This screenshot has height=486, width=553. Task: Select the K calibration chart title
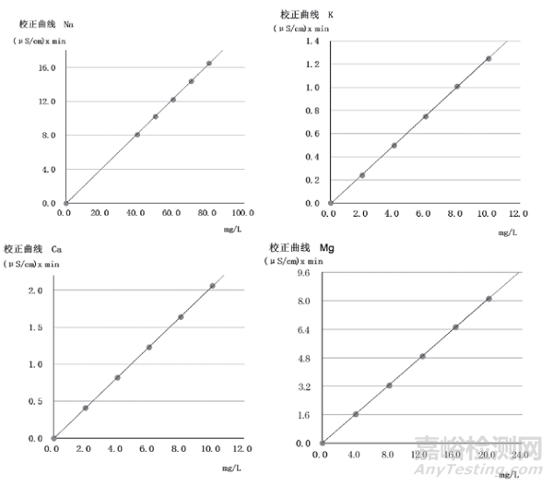(307, 14)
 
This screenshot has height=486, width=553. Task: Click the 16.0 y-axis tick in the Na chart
(46, 67)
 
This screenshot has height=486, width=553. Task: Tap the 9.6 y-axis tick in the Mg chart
(301, 274)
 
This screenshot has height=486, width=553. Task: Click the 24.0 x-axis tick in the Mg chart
(518, 455)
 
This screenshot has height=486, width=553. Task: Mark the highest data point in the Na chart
(209, 64)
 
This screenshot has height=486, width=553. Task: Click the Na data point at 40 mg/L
(137, 135)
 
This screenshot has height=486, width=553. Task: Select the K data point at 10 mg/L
(488, 59)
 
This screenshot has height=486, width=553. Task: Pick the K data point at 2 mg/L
(362, 175)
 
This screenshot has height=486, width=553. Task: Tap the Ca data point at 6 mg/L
(149, 348)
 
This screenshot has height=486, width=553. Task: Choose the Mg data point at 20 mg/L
(488, 299)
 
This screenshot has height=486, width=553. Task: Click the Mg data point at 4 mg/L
(356, 414)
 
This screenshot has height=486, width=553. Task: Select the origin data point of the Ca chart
(53, 438)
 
